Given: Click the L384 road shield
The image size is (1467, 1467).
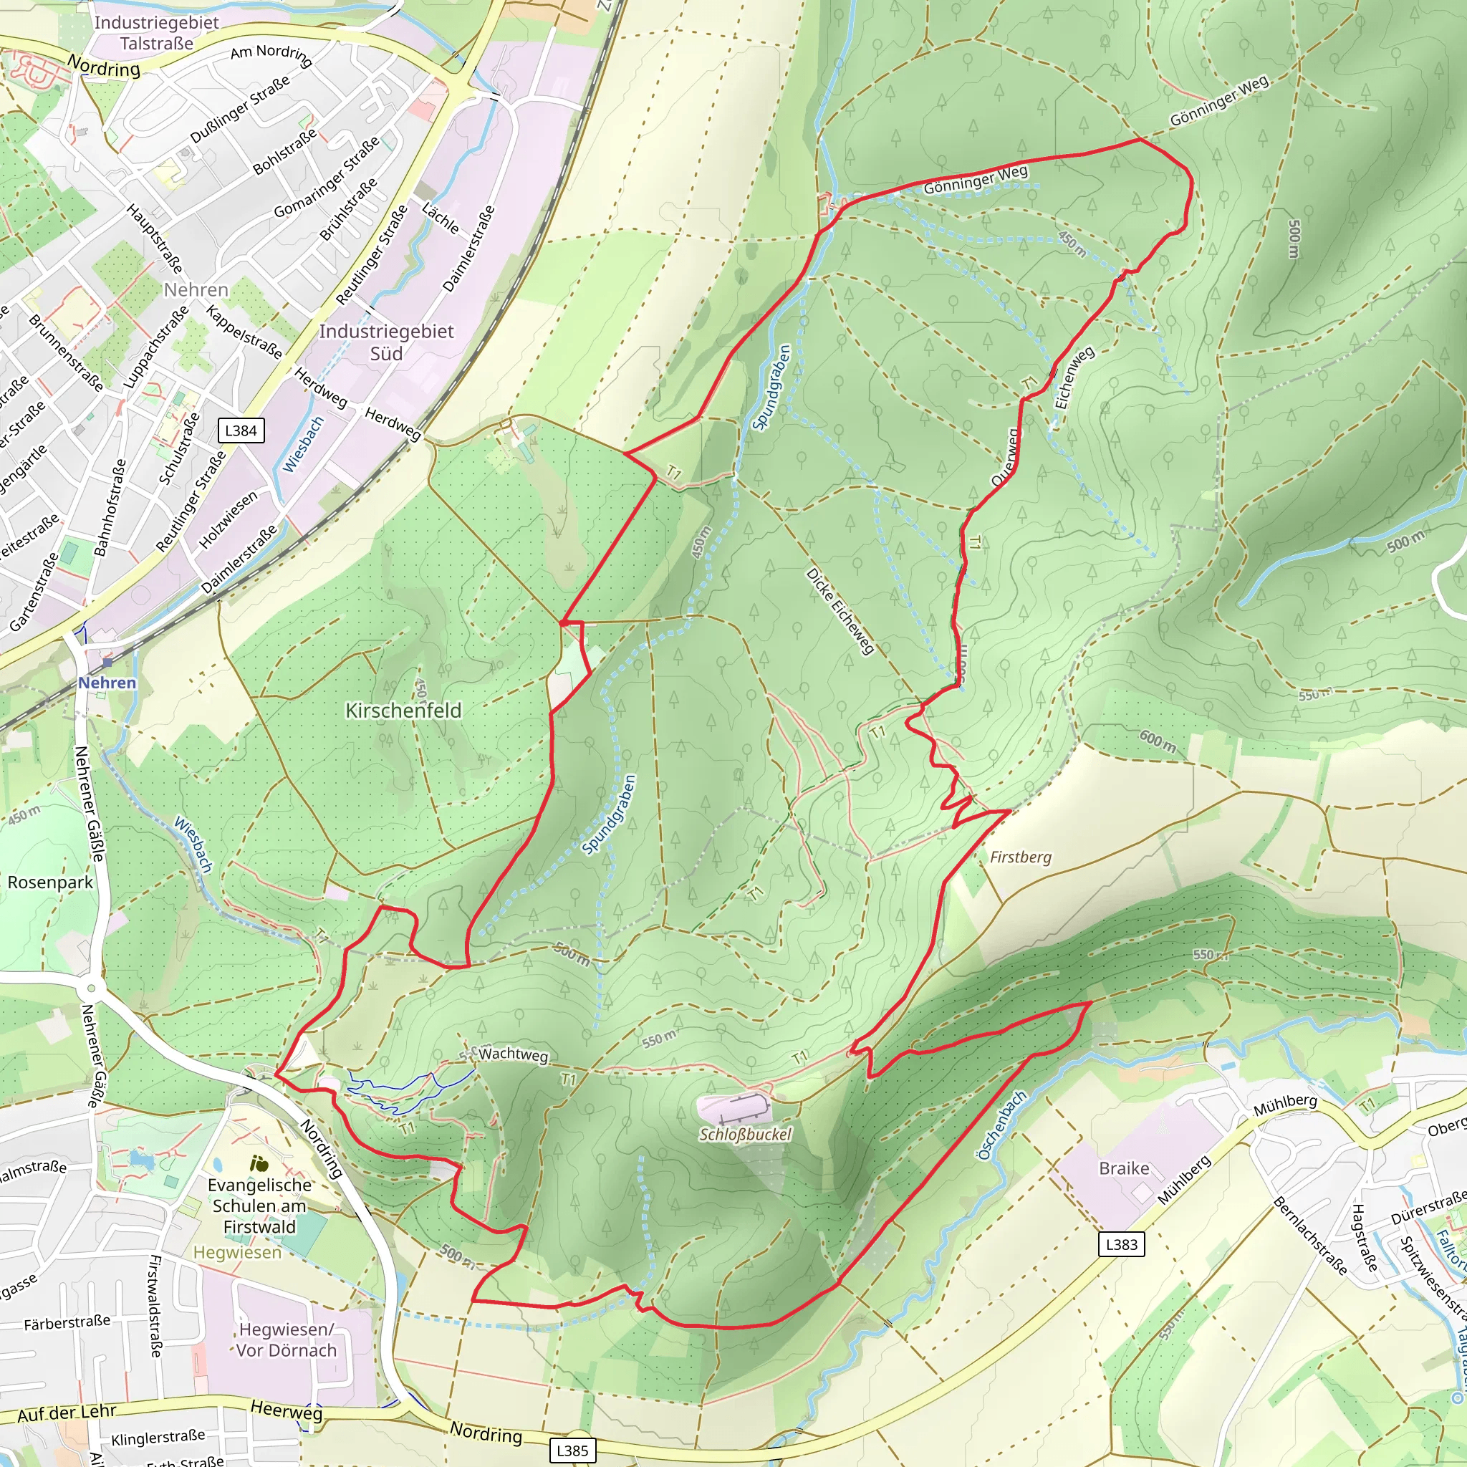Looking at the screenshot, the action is click(241, 431).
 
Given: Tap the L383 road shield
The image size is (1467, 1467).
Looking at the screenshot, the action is click(1122, 1244).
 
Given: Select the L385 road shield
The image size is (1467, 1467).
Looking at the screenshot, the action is click(572, 1451).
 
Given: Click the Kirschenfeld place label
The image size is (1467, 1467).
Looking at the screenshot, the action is click(403, 711).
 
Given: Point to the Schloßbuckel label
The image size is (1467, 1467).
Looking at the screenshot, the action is click(745, 1135).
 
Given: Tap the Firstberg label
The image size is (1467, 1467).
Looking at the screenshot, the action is click(1021, 857).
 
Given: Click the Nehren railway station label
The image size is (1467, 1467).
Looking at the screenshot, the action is click(107, 683).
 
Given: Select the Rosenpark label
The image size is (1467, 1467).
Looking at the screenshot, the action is click(50, 882).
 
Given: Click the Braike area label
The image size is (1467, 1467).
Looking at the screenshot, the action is click(1124, 1168).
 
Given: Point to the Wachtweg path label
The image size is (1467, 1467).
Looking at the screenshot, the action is click(514, 1054).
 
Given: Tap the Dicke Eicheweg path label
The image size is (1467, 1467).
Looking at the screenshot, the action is click(840, 611).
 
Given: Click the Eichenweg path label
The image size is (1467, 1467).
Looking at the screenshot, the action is click(1074, 377).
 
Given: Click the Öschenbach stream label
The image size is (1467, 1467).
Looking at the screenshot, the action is click(1001, 1126).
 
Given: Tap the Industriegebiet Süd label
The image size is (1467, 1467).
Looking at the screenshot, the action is click(386, 342).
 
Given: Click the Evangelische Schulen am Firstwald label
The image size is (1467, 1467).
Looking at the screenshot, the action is click(260, 1206).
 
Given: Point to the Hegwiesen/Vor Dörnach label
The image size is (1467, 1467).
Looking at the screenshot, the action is click(286, 1339).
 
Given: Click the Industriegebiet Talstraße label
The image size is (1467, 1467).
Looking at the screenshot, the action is click(156, 33).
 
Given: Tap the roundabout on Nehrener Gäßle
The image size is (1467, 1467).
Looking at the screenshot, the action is click(91, 988).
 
